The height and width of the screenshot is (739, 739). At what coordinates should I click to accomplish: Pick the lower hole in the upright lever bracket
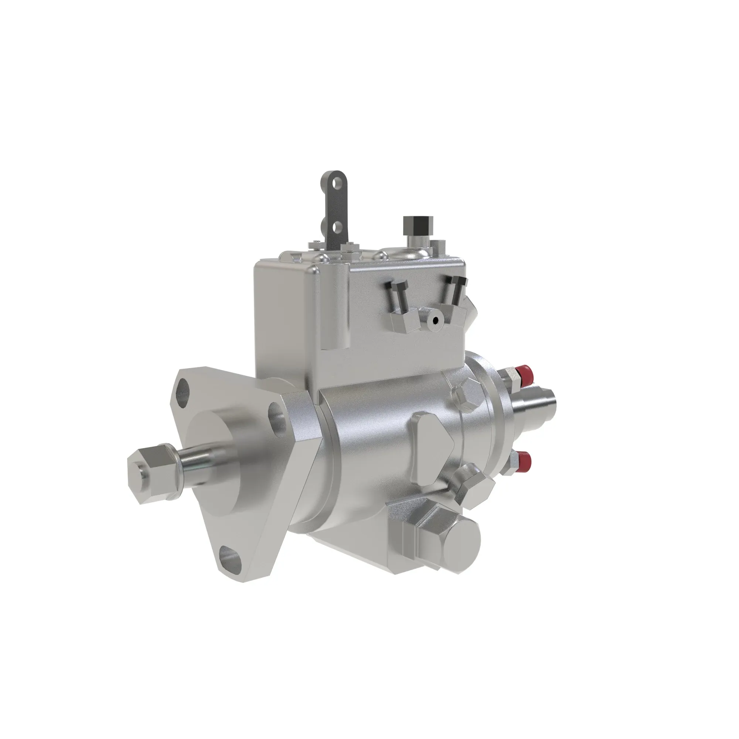pos(337,228)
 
